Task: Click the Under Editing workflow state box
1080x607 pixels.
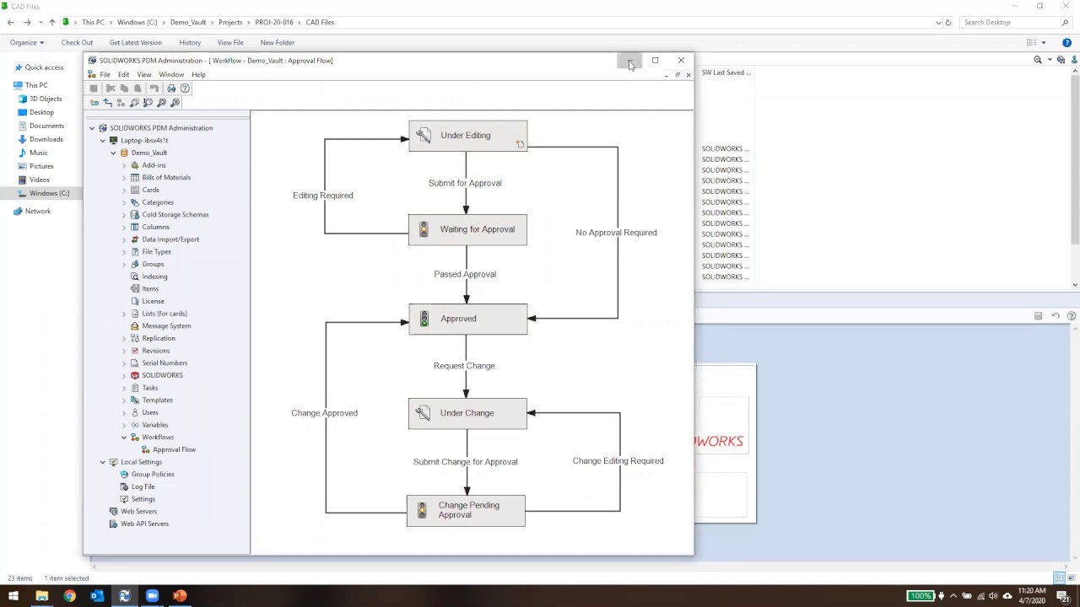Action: click(x=467, y=136)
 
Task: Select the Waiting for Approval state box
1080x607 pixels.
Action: click(x=467, y=229)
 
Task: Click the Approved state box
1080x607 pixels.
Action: click(x=467, y=319)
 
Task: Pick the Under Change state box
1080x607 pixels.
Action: click(x=467, y=413)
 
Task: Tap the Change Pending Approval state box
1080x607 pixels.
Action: click(x=466, y=510)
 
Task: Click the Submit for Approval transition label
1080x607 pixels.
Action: click(x=465, y=183)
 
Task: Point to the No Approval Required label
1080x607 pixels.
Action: click(x=616, y=233)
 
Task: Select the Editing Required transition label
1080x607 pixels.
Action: click(x=322, y=196)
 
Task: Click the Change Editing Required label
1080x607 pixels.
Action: click(x=618, y=461)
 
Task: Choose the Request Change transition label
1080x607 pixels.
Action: click(x=464, y=366)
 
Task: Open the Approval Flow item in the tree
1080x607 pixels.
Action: click(x=174, y=449)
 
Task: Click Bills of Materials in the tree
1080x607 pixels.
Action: click(x=166, y=178)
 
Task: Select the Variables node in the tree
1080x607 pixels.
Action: click(x=154, y=425)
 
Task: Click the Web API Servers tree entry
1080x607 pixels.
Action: click(x=144, y=524)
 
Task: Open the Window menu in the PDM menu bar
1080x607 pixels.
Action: click(x=171, y=75)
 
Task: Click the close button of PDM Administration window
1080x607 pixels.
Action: click(x=681, y=61)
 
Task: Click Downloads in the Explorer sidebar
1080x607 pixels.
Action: click(x=46, y=139)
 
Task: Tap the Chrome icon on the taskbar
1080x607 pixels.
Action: click(x=69, y=596)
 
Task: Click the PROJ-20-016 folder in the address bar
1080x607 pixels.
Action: click(x=273, y=23)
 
